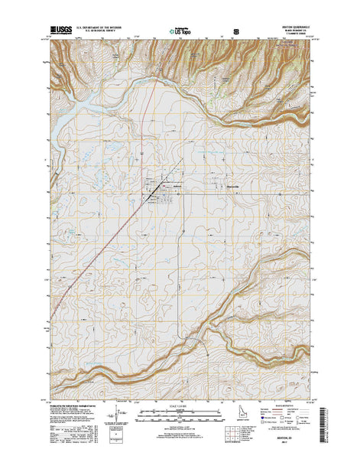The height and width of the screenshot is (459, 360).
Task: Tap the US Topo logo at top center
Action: [181, 33]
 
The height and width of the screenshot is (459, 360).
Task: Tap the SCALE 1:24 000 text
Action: [180, 405]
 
